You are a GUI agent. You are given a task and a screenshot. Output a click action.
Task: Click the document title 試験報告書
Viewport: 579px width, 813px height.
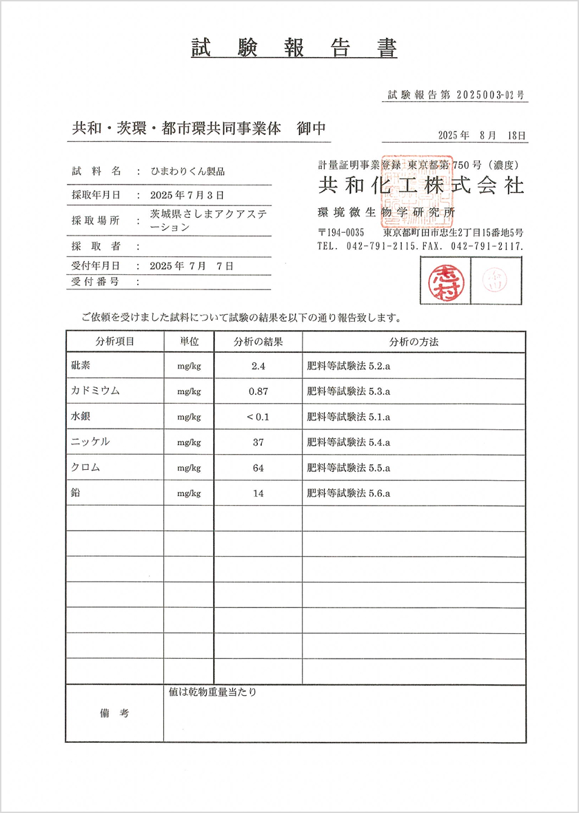pos(294,48)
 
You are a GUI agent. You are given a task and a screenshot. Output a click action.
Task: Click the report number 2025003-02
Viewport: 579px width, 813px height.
pos(485,95)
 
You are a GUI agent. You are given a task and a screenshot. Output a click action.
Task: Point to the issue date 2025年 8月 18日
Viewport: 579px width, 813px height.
pos(482,136)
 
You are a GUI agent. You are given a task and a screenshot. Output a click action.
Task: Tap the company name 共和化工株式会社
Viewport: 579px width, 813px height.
pos(420,185)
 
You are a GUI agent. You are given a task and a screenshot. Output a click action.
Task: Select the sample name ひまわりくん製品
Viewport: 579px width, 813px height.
pos(187,171)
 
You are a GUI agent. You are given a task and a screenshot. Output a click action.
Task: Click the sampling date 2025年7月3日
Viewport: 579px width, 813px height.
pos(187,196)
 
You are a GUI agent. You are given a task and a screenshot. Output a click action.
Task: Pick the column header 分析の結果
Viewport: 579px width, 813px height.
pos(258,342)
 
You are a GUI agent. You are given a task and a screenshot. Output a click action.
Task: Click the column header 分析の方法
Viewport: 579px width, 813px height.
pos(414,342)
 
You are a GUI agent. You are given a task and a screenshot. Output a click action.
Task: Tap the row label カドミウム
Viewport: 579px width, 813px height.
pos(95,391)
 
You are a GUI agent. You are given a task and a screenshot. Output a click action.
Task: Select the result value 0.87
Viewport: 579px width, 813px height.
pos(258,391)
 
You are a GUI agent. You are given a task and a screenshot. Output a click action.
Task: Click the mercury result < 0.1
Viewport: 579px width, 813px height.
pos(258,417)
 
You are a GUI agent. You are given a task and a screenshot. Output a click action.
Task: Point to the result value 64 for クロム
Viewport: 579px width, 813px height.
pos(258,468)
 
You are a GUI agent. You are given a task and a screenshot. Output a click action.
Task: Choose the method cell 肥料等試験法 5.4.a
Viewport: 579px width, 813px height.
pos(349,442)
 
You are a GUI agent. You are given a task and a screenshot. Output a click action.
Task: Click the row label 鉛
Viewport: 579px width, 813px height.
pos(75,493)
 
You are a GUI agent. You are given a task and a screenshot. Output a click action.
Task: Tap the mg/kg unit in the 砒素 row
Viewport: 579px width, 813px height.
pos(189,367)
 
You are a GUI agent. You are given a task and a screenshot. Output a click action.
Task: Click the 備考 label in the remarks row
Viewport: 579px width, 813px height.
pos(114,714)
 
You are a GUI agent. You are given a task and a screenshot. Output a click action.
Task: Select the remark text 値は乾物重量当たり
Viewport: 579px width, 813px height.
pos(212,692)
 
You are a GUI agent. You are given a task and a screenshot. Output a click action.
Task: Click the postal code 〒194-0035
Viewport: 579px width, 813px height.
pos(341,232)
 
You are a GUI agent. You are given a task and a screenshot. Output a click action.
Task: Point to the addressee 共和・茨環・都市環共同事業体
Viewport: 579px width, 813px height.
pos(176,129)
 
